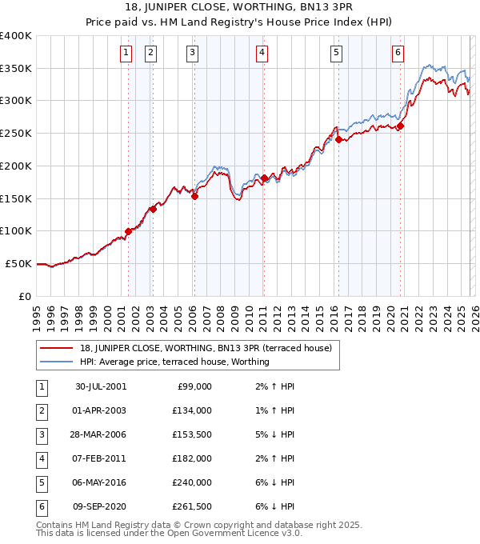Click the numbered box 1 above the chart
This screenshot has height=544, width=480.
(x=126, y=54)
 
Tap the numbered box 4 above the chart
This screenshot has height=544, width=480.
(x=262, y=54)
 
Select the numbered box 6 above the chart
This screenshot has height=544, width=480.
(x=398, y=54)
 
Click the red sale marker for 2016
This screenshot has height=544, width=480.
(x=338, y=139)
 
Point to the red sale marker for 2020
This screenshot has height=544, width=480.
(x=400, y=126)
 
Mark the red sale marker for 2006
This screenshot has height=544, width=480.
(x=194, y=196)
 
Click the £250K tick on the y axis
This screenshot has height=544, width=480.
(x=16, y=133)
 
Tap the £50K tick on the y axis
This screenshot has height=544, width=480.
(x=18, y=263)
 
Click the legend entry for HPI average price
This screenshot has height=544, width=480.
(x=174, y=362)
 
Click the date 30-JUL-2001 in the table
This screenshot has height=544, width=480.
(x=100, y=386)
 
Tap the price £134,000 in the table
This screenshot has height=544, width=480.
(x=193, y=410)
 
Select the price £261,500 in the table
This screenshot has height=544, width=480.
(x=193, y=506)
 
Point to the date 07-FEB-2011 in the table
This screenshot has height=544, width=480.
(x=100, y=458)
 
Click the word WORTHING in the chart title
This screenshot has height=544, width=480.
(x=257, y=9)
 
